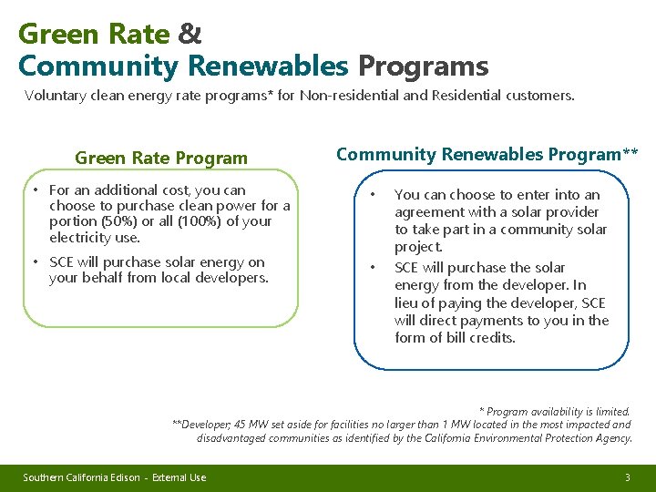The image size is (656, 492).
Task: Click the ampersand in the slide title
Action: (190, 35)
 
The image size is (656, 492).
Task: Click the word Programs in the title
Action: (423, 67)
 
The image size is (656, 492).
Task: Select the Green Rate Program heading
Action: (161, 158)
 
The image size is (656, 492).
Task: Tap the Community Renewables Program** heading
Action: (487, 154)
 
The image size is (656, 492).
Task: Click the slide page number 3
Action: (627, 477)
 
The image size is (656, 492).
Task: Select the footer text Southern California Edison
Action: (82, 477)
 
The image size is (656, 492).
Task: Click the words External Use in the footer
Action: (179, 477)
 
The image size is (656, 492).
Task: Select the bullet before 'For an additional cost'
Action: (34, 190)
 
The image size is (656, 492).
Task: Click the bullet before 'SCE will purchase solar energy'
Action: (34, 262)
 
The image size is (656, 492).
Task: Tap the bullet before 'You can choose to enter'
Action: (372, 195)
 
